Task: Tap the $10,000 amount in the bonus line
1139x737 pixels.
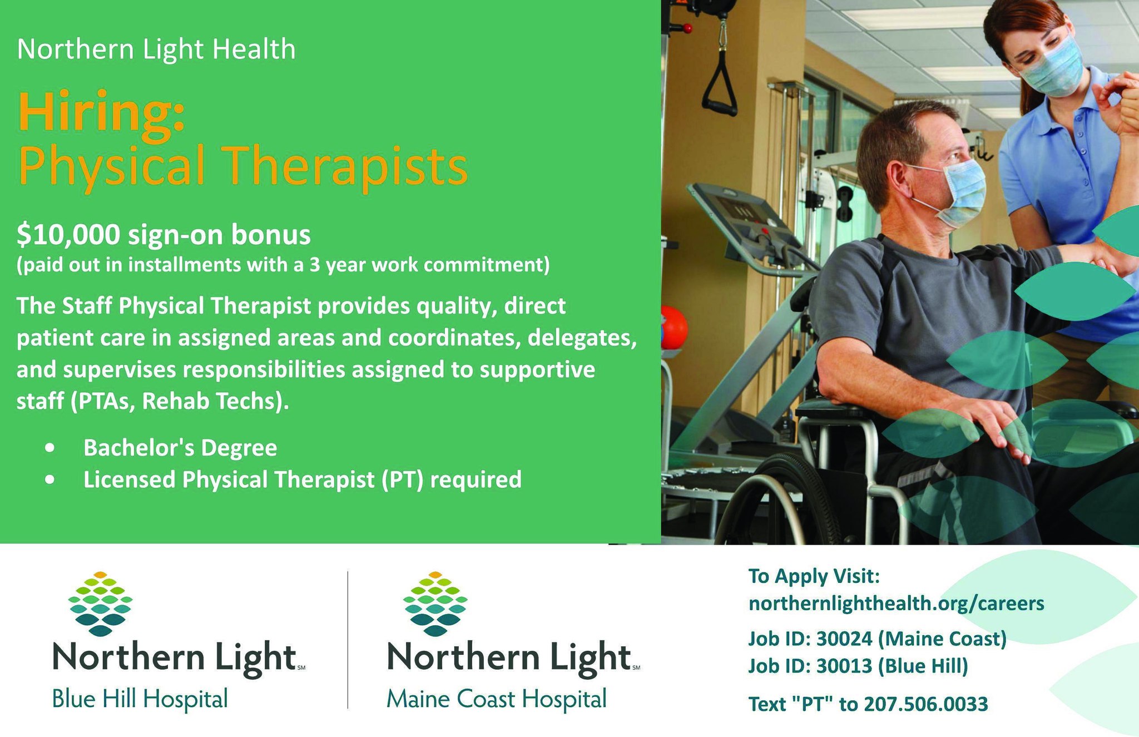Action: [68, 235]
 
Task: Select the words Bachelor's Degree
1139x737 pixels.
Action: [180, 448]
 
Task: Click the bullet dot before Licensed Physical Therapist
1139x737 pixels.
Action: [51, 479]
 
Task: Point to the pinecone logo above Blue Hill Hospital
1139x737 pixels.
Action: [100, 604]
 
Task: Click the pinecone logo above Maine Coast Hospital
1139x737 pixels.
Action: [435, 604]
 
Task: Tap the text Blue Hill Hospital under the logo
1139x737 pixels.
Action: [140, 699]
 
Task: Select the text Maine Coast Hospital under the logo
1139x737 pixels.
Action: [496, 699]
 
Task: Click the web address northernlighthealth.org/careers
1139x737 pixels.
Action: [896, 604]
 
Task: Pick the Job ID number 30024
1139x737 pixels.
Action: [844, 639]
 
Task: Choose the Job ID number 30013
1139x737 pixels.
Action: [844, 666]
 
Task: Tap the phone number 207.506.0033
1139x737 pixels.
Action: [926, 704]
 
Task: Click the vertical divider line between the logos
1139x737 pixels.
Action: [348, 640]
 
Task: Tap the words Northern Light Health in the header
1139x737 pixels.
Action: [156, 49]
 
